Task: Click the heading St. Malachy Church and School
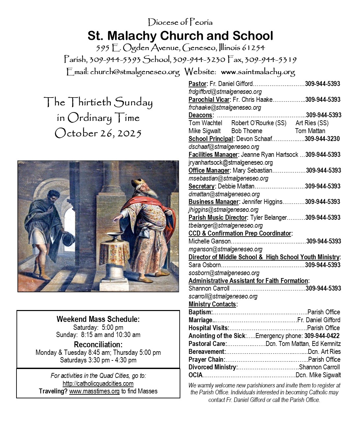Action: tap(180, 36)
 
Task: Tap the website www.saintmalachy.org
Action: tap(258, 71)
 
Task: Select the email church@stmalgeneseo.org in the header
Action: tap(135, 71)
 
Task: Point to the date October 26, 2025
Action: tap(98, 133)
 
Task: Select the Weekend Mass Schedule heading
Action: tap(98, 319)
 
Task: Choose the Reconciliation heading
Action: tap(98, 345)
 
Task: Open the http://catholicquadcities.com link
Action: tap(98, 384)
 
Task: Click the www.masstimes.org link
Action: tap(94, 391)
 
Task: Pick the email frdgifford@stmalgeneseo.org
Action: tap(225, 92)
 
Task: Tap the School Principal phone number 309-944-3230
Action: tap(322, 139)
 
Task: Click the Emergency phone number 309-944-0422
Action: tap(322, 336)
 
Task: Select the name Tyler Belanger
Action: tap(268, 217)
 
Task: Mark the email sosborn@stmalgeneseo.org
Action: tap(224, 273)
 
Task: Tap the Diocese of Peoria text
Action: tap(180, 22)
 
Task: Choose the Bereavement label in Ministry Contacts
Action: tap(207, 352)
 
